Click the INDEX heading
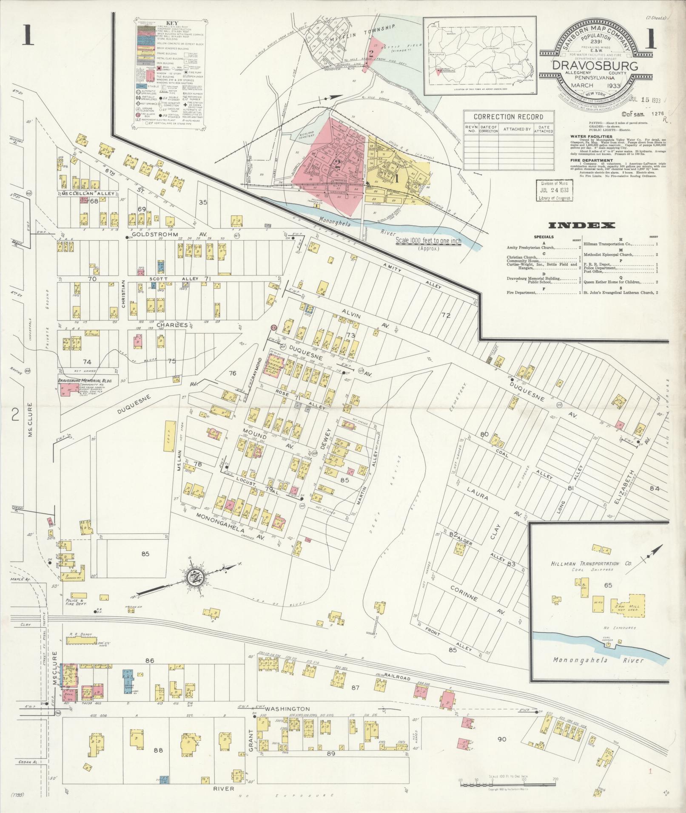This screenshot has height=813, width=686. (x=581, y=226)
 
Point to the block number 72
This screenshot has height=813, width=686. (x=445, y=315)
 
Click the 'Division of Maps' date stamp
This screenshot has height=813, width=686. (x=554, y=190)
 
